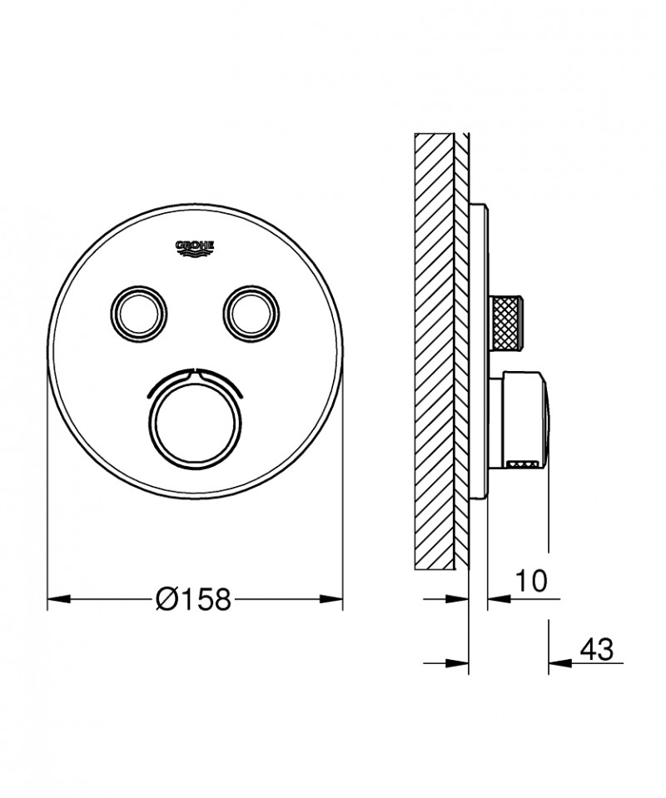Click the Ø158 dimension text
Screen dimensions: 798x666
click(x=194, y=598)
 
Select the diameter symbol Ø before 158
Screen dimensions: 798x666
click(x=166, y=598)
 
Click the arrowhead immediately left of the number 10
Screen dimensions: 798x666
click(x=495, y=598)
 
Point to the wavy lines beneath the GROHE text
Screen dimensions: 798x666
click(x=195, y=255)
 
